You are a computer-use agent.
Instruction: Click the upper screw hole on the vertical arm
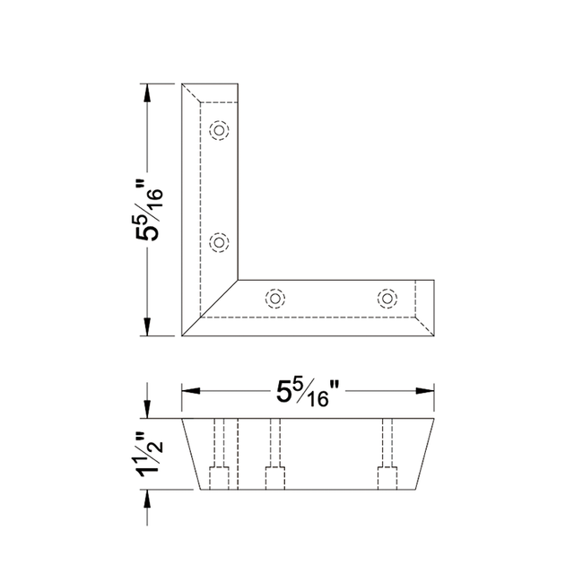tap(219, 130)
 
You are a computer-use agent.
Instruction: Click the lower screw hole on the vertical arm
tap(219, 242)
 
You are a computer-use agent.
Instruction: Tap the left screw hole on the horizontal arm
tap(275, 299)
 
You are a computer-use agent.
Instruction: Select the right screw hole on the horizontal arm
tap(387, 299)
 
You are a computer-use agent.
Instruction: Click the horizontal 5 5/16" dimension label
tap(308, 393)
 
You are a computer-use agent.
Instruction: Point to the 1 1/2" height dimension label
tap(150, 455)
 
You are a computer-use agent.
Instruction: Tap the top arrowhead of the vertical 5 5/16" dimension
tap(147, 93)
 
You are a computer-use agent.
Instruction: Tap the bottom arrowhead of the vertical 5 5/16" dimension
tap(147, 326)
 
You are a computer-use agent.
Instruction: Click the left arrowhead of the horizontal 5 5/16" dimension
tap(191, 391)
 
